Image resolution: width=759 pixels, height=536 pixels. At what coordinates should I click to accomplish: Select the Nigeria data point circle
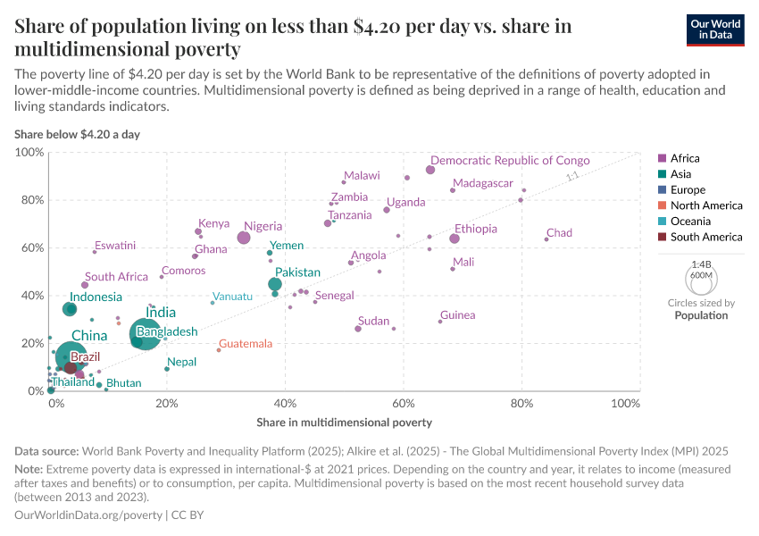pyautogui.click(x=244, y=238)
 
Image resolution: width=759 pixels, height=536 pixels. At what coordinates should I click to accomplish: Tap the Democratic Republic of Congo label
pyautogui.click(x=510, y=161)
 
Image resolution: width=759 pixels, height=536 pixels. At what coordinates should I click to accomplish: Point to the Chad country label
pyautogui.click(x=559, y=233)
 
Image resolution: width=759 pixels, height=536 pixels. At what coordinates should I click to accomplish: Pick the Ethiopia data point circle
pyautogui.click(x=455, y=239)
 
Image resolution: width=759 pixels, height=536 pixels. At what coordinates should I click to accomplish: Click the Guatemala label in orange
pyautogui.click(x=246, y=344)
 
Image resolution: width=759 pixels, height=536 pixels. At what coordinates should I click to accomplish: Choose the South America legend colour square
pyautogui.click(x=661, y=237)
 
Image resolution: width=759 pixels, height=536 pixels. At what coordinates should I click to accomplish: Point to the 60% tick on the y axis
pyautogui.click(x=30, y=247)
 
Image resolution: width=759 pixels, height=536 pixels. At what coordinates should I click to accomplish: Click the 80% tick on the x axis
pyautogui.click(x=521, y=404)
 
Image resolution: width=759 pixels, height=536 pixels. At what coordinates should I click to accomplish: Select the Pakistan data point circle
pyautogui.click(x=275, y=284)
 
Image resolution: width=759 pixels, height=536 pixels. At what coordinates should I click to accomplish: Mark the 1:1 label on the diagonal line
pyautogui.click(x=573, y=177)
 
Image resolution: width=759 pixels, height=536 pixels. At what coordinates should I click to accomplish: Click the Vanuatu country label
pyautogui.click(x=232, y=297)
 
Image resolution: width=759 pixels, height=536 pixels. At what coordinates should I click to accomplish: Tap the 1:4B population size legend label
pyautogui.click(x=701, y=264)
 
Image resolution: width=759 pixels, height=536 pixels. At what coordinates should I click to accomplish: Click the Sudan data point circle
pyautogui.click(x=358, y=329)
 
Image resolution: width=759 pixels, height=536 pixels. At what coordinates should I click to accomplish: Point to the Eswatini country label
pyautogui.click(x=115, y=246)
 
